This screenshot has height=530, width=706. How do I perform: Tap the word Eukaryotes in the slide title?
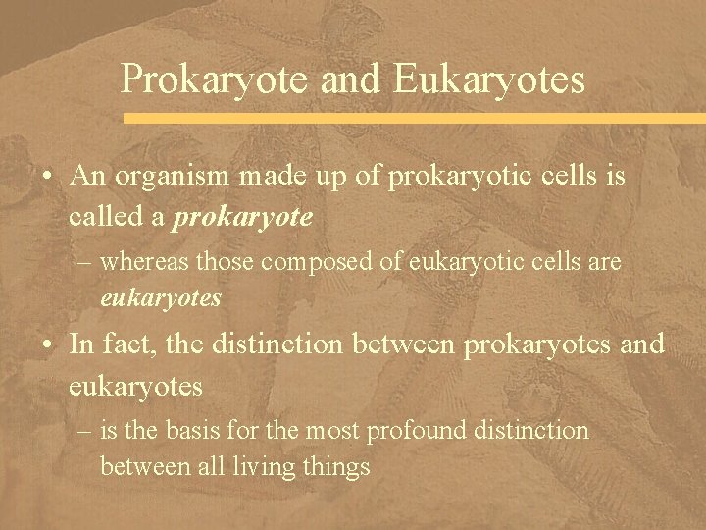click(490, 79)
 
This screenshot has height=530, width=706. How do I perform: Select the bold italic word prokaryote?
click(242, 216)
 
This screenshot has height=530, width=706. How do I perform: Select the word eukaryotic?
click(447, 262)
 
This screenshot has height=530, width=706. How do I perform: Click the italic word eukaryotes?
click(161, 296)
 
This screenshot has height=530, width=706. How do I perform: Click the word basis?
click(188, 431)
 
